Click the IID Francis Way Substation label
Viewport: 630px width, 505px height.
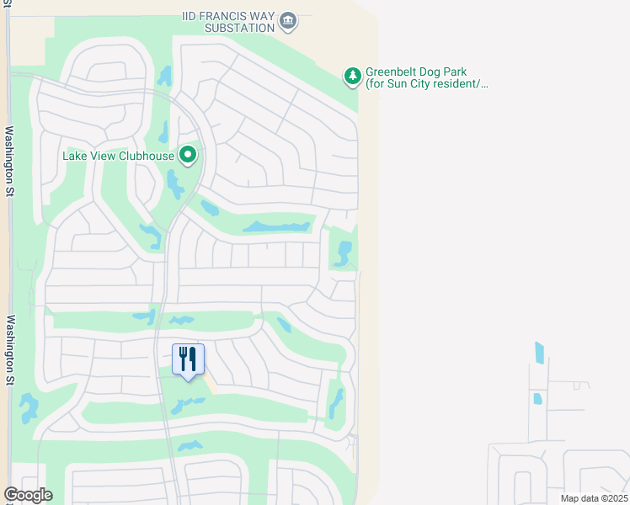229,21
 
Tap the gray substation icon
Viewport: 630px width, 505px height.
288,19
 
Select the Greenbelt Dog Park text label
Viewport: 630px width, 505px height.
426,77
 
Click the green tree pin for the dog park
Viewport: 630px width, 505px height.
353,77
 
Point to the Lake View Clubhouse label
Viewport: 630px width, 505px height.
119,156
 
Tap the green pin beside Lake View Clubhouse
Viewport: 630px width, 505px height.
189,155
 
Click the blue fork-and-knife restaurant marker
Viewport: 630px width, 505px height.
188,359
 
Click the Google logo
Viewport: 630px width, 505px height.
28,495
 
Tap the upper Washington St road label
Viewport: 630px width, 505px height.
11,161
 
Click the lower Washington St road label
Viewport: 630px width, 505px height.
11,350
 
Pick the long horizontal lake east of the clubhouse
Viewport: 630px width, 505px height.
276,227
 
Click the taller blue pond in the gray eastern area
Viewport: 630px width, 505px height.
539,352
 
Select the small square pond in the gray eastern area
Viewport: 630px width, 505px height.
537,398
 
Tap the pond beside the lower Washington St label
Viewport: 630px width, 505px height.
29,408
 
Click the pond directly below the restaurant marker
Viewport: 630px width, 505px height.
187,405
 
